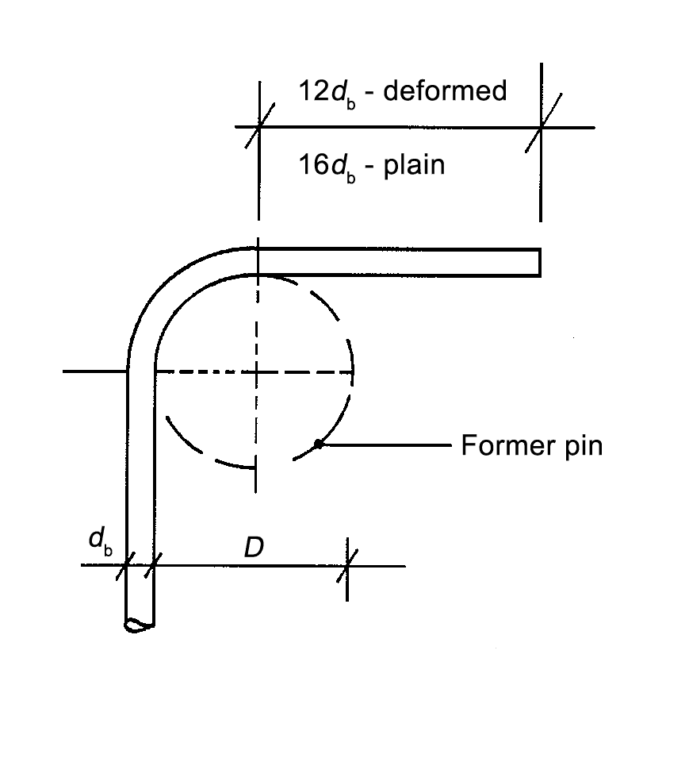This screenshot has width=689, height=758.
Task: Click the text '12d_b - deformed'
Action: tap(402, 92)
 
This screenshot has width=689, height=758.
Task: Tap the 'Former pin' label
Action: tap(531, 446)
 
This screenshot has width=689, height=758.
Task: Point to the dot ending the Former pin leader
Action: tap(318, 444)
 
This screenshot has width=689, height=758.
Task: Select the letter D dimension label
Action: tap(253, 548)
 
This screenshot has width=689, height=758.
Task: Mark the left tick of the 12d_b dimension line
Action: tap(258, 127)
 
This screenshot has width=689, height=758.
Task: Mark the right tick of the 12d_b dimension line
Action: tap(541, 127)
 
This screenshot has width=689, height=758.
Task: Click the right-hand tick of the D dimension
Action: tap(347, 566)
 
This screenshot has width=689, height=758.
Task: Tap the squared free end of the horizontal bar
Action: tap(538, 262)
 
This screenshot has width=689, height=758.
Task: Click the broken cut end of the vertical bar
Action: tap(140, 625)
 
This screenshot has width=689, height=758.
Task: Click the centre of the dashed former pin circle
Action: tap(255, 371)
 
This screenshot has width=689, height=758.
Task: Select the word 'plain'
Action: tap(414, 166)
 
